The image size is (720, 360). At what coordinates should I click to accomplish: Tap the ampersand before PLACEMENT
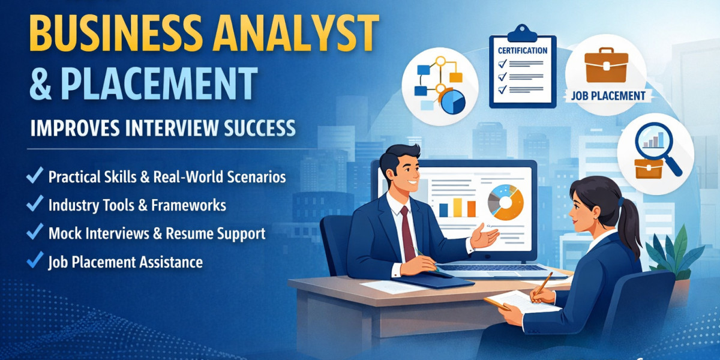(40, 84)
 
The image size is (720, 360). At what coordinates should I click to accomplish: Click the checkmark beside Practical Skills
(35, 176)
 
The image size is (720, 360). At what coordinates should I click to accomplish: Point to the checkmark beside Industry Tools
(35, 205)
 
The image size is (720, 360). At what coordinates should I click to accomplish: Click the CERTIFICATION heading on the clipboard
(523, 50)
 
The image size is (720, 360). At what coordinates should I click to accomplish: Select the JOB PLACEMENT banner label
(608, 95)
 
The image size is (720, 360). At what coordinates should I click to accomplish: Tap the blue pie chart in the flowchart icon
(454, 102)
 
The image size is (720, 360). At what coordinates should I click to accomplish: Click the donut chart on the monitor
(506, 202)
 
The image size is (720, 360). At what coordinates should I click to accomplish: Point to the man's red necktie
(408, 234)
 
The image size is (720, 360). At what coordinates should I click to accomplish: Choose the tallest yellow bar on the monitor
(457, 207)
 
